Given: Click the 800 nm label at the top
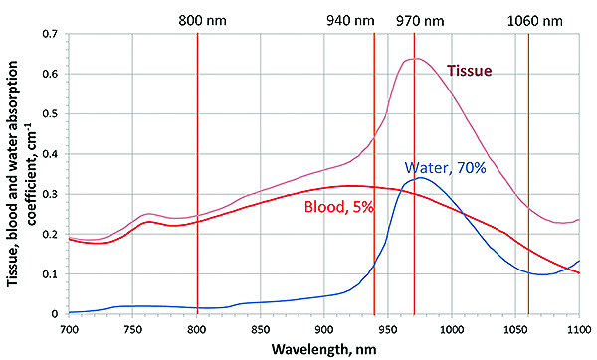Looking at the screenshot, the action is tap(203, 21).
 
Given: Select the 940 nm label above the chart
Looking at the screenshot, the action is tap(350, 21).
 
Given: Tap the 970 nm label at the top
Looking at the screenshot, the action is tap(420, 21).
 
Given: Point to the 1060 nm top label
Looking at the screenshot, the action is tap(535, 21).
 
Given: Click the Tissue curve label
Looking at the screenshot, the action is tap(469, 71).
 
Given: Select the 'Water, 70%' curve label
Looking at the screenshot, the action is tap(445, 167).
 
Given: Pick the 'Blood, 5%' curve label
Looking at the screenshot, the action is tap(339, 207).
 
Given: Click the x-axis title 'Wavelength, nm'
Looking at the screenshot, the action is tap(323, 349).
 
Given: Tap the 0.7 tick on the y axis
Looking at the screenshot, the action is tap(51, 34).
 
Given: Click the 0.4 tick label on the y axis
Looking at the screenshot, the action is tap(51, 154).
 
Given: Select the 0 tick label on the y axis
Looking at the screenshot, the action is tap(55, 314).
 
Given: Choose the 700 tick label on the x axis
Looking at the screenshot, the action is tap(69, 329).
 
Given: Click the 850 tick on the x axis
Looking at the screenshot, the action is tap(261, 329).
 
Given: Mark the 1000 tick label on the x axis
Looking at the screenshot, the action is tap(452, 329).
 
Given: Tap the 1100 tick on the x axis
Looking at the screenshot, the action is tap(579, 329).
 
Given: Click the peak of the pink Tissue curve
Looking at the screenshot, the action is tap(417, 59).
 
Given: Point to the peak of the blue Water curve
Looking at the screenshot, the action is tap(420, 178).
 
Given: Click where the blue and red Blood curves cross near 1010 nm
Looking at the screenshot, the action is tap(463, 213).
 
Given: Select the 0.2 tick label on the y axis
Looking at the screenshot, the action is tap(51, 235).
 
